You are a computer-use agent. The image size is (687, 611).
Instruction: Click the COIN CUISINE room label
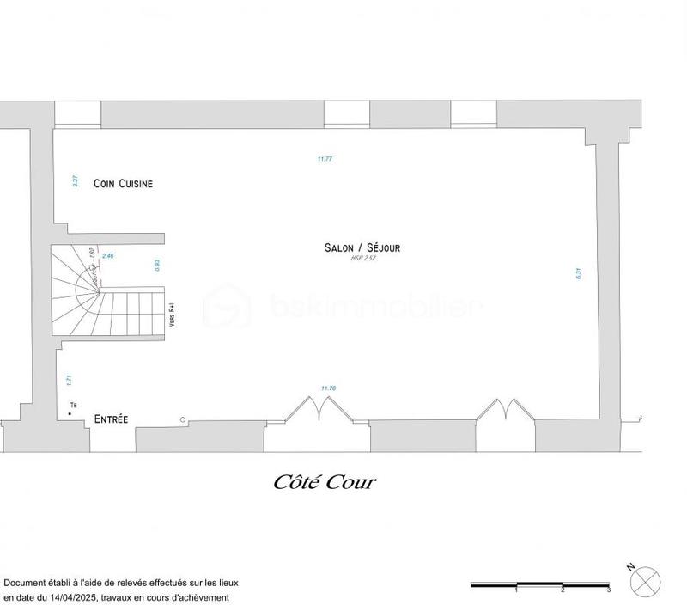(124, 183)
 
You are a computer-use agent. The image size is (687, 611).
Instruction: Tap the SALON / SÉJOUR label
(362, 247)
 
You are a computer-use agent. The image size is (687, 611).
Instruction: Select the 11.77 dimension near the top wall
(324, 159)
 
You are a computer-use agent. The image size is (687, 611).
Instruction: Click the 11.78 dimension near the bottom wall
(327, 388)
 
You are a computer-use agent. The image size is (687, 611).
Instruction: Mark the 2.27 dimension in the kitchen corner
(75, 181)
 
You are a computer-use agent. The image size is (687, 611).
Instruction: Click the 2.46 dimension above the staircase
(107, 256)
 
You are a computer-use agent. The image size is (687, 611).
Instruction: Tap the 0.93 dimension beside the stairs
(157, 266)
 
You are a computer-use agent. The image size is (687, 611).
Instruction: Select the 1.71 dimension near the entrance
(68, 377)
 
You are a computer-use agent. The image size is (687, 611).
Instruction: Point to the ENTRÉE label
(111, 419)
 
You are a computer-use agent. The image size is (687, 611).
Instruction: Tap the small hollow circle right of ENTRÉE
(183, 419)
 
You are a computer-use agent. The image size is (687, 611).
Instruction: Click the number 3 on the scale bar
(608, 590)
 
